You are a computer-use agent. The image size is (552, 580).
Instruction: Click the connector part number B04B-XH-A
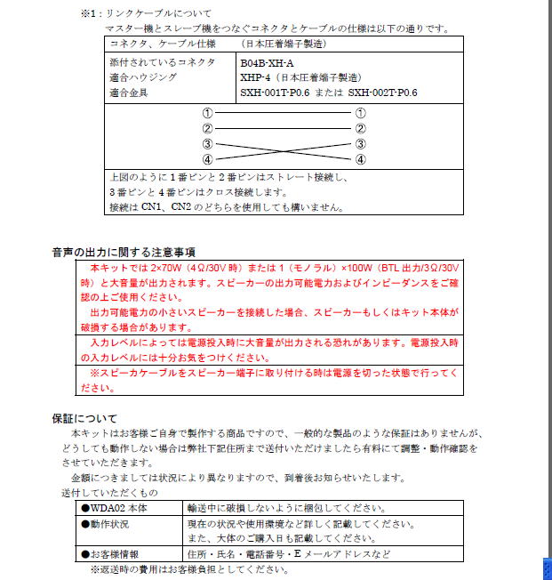point(268,63)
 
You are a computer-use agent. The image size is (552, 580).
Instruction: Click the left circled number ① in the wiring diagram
point(208,114)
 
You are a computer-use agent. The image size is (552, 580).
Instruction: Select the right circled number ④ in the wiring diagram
point(360,160)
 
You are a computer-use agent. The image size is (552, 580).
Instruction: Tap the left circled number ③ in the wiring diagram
point(208,144)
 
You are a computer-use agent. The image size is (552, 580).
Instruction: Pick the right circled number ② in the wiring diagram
point(360,129)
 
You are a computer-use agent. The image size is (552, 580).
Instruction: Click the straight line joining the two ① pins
point(284,114)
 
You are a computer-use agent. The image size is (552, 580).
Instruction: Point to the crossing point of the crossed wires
point(284,152)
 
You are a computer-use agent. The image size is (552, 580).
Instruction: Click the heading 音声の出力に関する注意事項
point(124,253)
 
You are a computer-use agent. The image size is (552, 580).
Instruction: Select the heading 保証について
point(84,418)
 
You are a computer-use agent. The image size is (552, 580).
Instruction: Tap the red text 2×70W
point(167,267)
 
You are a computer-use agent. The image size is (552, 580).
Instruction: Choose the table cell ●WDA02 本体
point(114,508)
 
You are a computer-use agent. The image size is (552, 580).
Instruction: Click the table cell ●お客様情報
point(114,554)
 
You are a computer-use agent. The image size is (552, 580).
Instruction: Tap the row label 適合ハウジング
point(142,77)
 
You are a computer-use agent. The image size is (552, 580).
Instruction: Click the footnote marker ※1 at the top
point(89,14)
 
